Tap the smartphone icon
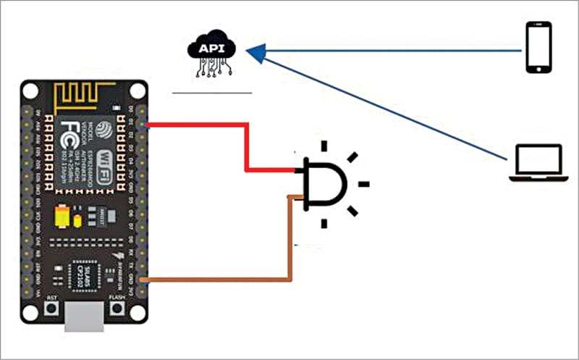point(538,48)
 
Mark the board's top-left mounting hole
point(30,90)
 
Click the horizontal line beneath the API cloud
point(212,93)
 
